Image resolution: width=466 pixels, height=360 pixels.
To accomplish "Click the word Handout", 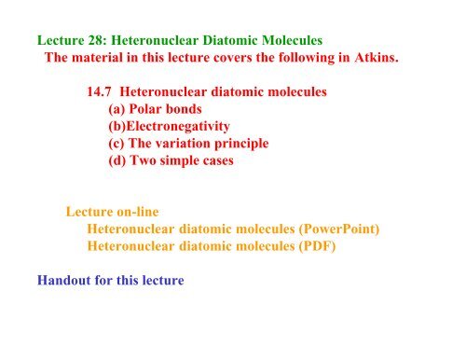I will pyautogui.click(x=66, y=279).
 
